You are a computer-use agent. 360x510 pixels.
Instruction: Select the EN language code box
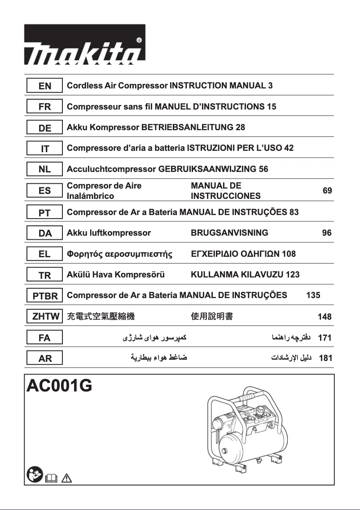[44, 86]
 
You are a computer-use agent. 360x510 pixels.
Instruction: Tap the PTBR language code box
[44, 296]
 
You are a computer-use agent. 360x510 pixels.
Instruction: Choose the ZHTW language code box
[44, 317]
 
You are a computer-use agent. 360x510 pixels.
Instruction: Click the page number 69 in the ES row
[327, 191]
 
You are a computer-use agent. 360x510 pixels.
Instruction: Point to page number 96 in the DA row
[327, 233]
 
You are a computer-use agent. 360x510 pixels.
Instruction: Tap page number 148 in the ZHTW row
[325, 317]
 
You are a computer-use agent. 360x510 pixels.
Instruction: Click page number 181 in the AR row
[325, 359]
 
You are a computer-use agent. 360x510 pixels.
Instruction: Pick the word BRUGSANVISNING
[229, 233]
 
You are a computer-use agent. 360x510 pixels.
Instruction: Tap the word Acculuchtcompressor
[111, 169]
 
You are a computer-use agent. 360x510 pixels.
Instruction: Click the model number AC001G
[60, 386]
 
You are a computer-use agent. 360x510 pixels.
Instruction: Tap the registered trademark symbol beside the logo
[139, 40]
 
